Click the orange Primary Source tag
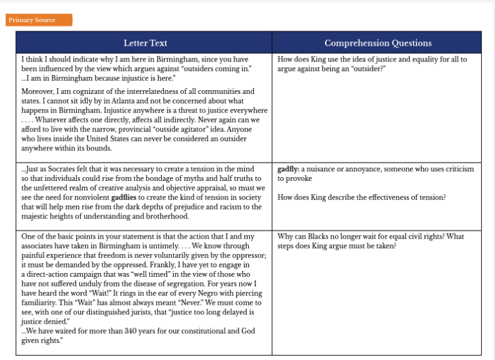pyautogui.click(x=39, y=20)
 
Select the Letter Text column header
pyautogui.click(x=145, y=43)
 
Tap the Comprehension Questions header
pyautogui.click(x=378, y=43)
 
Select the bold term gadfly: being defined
pyautogui.click(x=288, y=170)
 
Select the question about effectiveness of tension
pyautogui.click(x=361, y=197)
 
